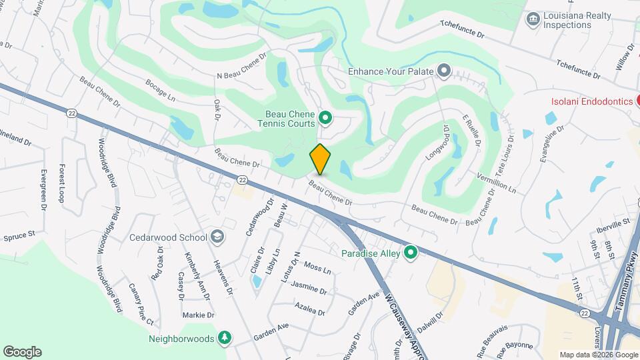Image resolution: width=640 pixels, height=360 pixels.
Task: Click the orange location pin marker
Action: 320,159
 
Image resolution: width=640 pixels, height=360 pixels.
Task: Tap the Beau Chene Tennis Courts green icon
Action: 325,119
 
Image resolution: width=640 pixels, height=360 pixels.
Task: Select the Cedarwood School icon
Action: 217,237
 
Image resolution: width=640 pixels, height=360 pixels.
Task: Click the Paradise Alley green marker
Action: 411,253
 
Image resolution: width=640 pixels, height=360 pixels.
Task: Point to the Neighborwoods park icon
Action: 225,338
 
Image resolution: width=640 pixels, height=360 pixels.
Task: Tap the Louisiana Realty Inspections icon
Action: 533,19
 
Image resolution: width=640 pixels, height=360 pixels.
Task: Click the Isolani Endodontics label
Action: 591,101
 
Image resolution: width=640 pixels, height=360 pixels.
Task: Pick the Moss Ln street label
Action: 317,268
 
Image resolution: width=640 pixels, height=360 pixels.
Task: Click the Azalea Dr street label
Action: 309,308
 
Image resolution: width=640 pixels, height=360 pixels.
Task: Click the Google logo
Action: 22,351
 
